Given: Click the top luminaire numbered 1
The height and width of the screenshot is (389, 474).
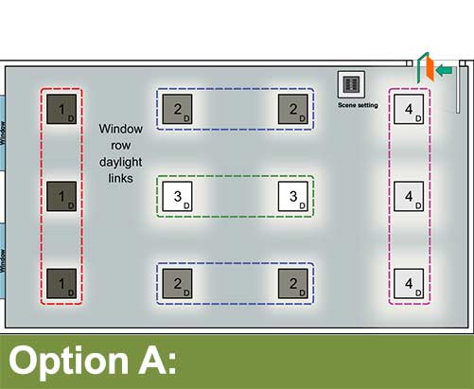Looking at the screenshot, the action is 61,109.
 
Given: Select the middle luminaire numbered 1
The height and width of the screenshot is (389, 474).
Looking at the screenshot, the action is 61,196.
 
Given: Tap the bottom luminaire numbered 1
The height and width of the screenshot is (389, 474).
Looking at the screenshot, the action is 61,283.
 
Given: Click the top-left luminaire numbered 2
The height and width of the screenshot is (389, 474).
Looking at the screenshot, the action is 177,109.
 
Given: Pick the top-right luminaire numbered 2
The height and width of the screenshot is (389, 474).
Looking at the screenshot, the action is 293,109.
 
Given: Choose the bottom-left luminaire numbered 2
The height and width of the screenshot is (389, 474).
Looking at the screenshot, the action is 177,283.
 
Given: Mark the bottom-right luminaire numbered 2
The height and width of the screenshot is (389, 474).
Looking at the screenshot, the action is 293,283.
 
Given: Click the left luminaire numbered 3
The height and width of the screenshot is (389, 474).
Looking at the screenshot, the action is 177,196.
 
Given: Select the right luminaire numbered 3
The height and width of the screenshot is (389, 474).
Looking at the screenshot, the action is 293,196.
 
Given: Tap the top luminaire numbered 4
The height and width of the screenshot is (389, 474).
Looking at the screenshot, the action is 409,109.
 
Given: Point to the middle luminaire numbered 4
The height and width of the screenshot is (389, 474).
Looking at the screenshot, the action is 409,196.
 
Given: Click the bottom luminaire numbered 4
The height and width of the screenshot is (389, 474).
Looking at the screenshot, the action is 409,283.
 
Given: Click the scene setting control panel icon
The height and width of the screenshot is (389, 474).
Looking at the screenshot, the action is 351,84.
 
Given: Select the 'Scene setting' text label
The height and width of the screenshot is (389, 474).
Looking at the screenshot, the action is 358,105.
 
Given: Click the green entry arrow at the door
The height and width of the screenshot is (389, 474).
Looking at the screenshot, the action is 445,70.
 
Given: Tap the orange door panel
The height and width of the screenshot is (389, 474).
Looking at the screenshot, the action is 430,69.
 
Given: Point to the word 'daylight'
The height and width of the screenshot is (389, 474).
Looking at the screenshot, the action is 120,163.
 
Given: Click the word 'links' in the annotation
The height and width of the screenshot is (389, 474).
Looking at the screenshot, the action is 120,178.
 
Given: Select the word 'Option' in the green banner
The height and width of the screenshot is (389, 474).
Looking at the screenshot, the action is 68,362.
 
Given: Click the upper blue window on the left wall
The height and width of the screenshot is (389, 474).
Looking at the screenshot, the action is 3,133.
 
